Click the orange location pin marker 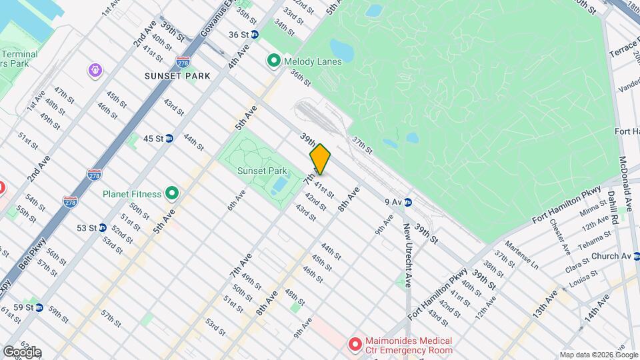click(x=320, y=159)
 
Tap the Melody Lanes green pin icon click(x=273, y=61)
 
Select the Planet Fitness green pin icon click(x=172, y=194)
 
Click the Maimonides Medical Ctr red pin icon click(x=355, y=344)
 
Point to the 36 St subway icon click(x=255, y=35)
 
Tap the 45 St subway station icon click(x=169, y=139)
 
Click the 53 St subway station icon click(x=102, y=227)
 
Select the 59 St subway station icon click(x=39, y=307)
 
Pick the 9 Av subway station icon click(x=407, y=202)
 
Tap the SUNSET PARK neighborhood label click(x=177, y=76)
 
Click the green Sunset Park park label click(x=262, y=171)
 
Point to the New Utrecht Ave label click(x=406, y=252)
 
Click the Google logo click(x=22, y=351)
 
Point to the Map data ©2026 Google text click(x=598, y=355)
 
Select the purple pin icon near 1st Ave click(x=95, y=69)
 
